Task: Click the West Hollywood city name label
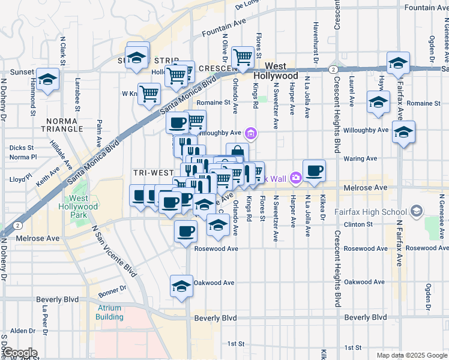pos(276,71)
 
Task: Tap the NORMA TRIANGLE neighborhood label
pos(71,124)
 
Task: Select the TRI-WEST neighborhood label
pos(154,172)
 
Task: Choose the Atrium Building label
pos(109,313)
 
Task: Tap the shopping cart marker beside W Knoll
pos(149,93)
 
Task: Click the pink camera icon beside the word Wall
pos(295,178)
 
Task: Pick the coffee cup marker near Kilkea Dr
pos(314,170)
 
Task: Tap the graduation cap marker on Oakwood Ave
pos(181,285)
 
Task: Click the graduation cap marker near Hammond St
pos(47,79)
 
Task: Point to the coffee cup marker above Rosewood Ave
pos(185,230)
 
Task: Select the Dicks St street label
pos(21,147)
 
